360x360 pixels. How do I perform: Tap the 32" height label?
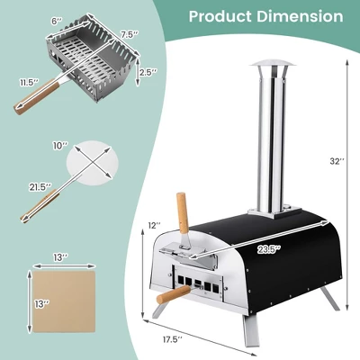pos(337,161)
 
